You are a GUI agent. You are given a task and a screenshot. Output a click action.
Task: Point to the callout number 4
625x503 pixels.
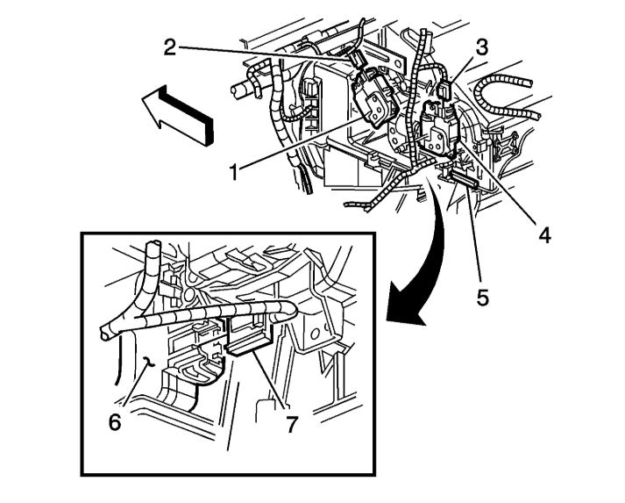click(544, 234)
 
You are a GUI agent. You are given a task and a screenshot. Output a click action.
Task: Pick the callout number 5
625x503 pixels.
click(482, 296)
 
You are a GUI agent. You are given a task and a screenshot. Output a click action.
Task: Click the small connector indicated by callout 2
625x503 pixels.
click(357, 59)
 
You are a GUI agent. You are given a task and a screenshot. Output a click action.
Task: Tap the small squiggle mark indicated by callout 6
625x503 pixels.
click(150, 361)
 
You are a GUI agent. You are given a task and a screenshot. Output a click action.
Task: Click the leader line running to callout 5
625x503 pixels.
click(474, 237)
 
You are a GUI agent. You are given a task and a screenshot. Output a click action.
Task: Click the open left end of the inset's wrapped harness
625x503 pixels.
click(104, 331)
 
